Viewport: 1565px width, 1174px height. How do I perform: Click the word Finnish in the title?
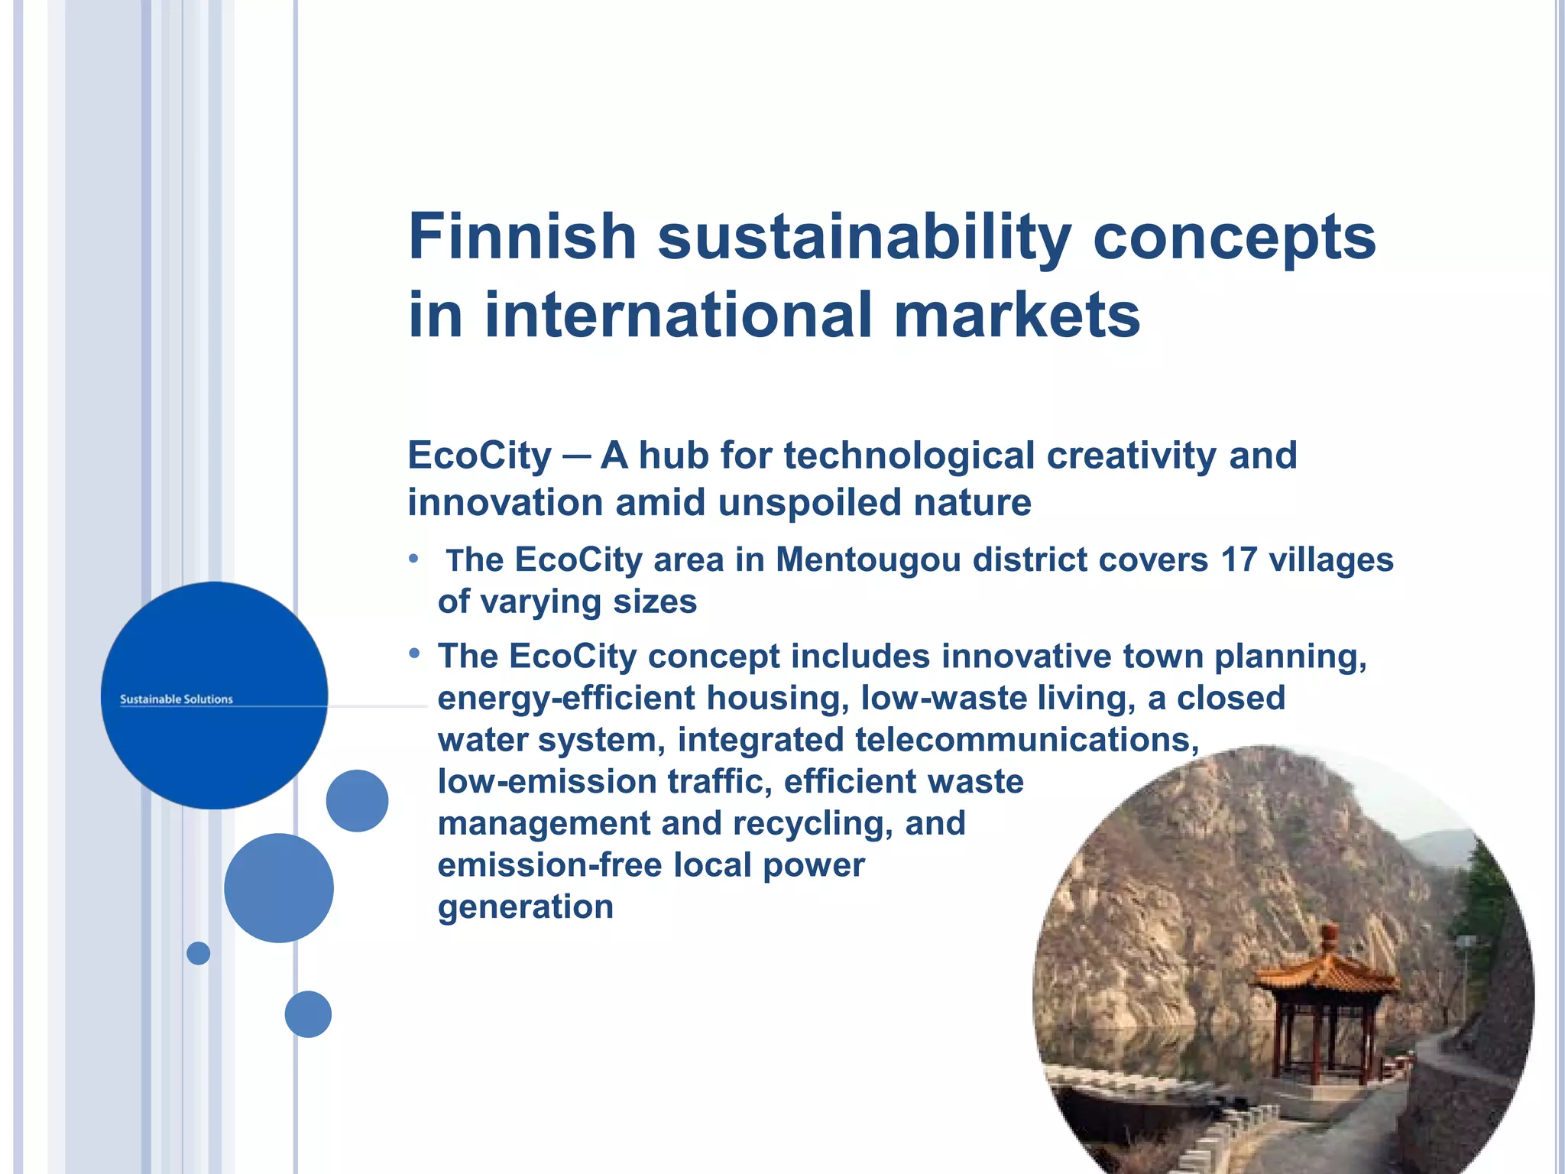[523, 237]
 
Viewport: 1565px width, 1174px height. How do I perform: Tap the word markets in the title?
[1017, 315]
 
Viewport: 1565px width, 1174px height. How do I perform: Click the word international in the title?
[679, 315]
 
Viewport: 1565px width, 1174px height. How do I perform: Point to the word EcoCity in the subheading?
[479, 456]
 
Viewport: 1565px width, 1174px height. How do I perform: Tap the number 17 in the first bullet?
[1239, 559]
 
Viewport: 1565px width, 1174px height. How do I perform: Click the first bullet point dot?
[413, 559]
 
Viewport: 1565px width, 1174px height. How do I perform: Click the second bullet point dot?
[414, 653]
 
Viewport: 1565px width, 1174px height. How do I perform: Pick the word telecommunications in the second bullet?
[1026, 740]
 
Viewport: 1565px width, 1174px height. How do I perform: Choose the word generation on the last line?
[526, 907]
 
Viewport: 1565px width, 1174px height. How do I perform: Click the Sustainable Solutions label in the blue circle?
[177, 699]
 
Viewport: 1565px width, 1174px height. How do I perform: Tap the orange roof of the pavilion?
[1327, 971]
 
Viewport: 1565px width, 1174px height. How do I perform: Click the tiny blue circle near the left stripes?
[198, 953]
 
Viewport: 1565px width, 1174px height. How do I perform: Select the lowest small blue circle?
[308, 1014]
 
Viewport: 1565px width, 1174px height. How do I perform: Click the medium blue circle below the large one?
[279, 888]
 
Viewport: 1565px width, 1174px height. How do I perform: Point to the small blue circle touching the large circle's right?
[357, 801]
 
